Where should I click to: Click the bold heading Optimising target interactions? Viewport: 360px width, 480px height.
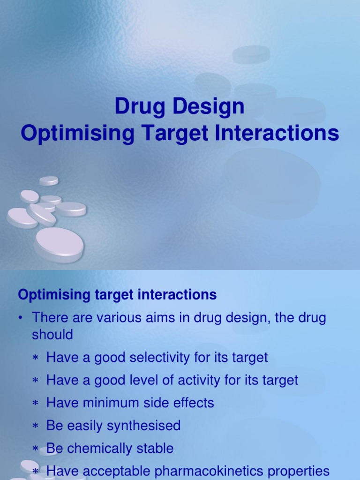click(x=117, y=295)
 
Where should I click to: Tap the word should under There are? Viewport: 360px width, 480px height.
click(x=52, y=335)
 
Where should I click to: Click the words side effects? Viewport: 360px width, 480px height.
click(x=186, y=403)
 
